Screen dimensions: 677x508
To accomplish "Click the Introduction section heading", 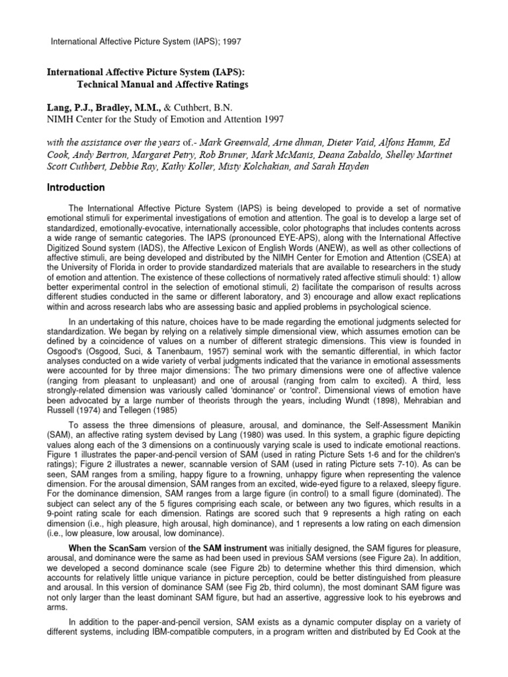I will pos(75,187).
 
